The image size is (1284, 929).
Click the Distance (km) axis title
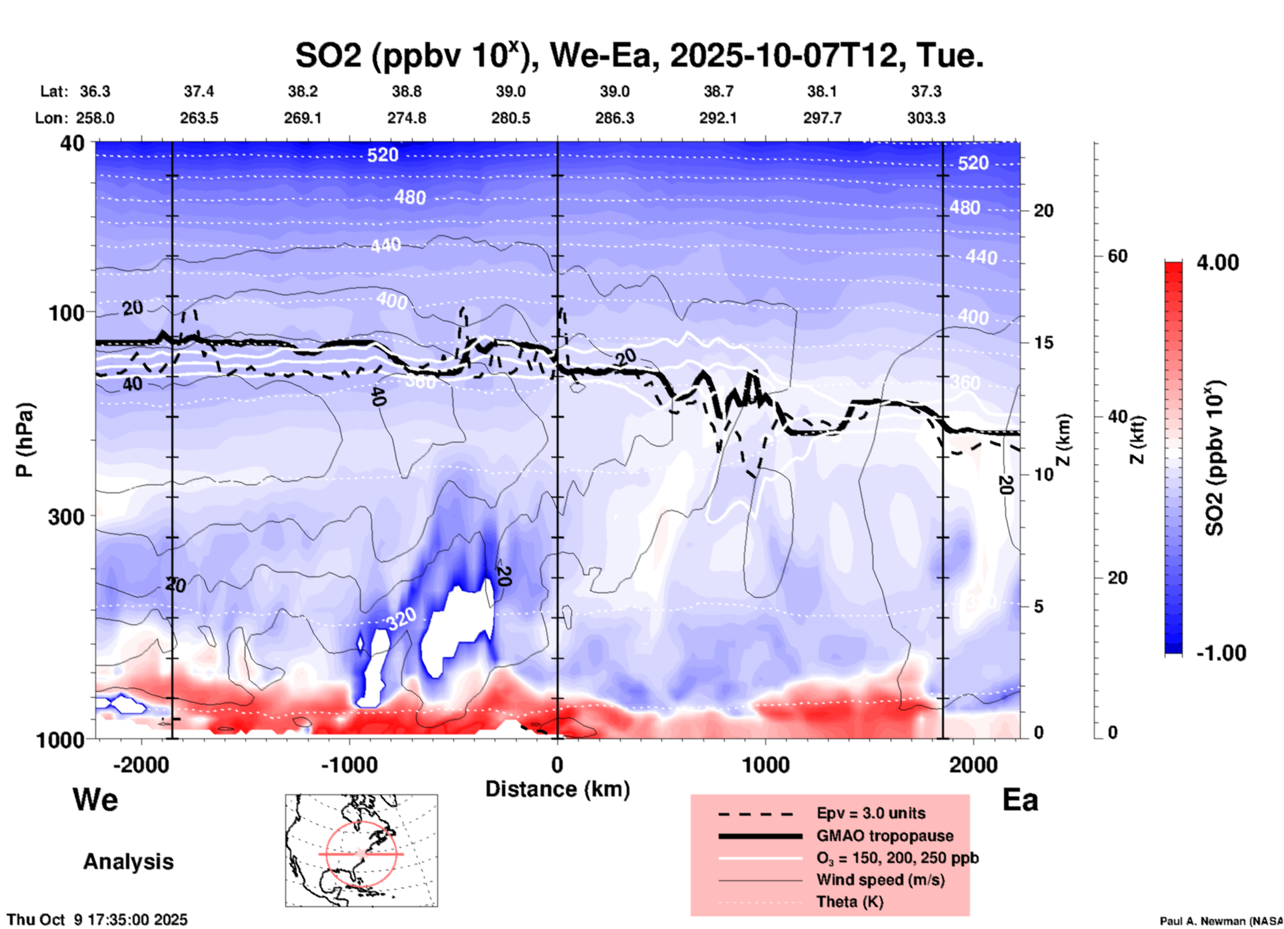557,789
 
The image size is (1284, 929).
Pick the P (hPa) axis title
24,440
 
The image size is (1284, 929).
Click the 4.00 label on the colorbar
1217,263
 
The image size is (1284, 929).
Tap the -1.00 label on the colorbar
1221,653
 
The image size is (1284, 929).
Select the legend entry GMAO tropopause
885,836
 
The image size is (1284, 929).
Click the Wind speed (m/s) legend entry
880,880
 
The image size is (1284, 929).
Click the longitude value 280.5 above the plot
511,118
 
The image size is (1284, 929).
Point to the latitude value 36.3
95,91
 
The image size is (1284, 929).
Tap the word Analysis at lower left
128,862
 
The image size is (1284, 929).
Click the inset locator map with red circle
361,850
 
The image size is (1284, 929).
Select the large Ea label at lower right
1020,800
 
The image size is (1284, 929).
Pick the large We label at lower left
95,800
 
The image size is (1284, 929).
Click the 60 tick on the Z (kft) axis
1117,256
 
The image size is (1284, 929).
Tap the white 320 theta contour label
401,619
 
